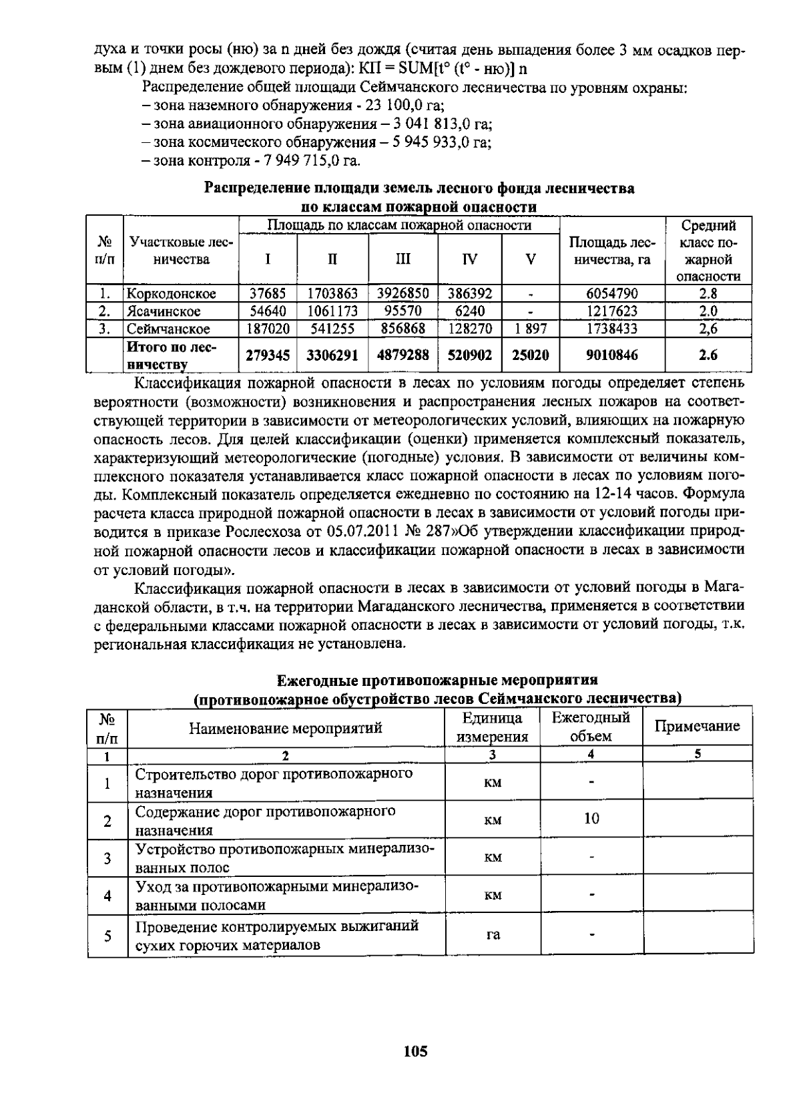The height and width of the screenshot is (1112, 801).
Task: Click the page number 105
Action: pyautogui.click(x=415, y=1052)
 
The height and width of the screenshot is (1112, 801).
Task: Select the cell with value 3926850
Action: pyautogui.click(x=403, y=293)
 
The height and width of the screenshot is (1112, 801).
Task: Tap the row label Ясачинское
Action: pyautogui.click(x=164, y=311)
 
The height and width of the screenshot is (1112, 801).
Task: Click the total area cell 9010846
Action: pyautogui.click(x=611, y=355)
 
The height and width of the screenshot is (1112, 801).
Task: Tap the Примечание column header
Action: pyautogui.click(x=697, y=727)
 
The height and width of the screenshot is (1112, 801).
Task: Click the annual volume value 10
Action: pyautogui.click(x=591, y=819)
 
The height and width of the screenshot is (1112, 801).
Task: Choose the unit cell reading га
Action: pyautogui.click(x=493, y=935)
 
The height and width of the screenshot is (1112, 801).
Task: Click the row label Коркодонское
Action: pyautogui.click(x=172, y=294)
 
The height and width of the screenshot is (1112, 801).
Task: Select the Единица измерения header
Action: pyautogui.click(x=493, y=727)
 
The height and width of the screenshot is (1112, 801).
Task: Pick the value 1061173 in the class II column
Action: pyautogui.click(x=332, y=311)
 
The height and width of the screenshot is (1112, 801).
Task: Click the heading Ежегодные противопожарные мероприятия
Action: pyautogui.click(x=437, y=681)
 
